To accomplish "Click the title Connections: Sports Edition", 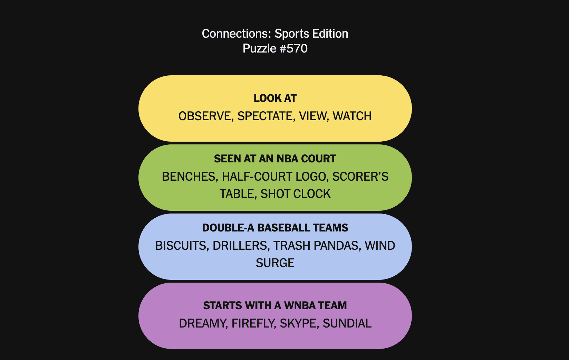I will pyautogui.click(x=275, y=34).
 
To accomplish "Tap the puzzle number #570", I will pyautogui.click(x=293, y=48).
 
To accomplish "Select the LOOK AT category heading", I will pyautogui.click(x=275, y=98).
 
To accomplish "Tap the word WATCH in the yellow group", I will pyautogui.click(x=352, y=116).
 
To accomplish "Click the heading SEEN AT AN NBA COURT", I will pyautogui.click(x=275, y=159).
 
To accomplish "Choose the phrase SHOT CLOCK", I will pyautogui.click(x=296, y=194).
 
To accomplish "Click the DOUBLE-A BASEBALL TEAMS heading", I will pyautogui.click(x=275, y=228).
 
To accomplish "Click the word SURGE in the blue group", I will pyautogui.click(x=275, y=263).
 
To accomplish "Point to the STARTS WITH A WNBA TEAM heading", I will pyautogui.click(x=275, y=305).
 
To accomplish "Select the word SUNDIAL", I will pyautogui.click(x=347, y=323).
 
